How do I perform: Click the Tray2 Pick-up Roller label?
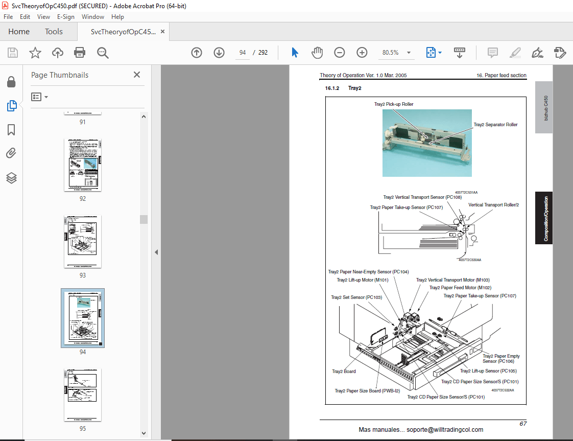pos(393,104)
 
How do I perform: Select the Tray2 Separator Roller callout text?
pos(495,125)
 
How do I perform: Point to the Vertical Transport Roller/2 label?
pos(493,205)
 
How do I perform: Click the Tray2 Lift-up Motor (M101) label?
pos(363,280)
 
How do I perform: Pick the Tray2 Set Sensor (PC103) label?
pos(356,297)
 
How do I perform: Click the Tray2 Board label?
pos(344,372)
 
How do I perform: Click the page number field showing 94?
pos(243,53)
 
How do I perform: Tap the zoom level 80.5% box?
pos(391,53)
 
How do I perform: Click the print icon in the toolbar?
pos(80,53)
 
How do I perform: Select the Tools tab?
pos(54,32)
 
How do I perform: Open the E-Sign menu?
pos(65,17)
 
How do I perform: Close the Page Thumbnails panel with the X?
pos(137,75)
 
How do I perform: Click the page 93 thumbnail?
pos(83,241)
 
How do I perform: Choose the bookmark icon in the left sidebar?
pos(11,130)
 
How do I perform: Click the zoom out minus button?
pos(340,53)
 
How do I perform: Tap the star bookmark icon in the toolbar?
pos(35,53)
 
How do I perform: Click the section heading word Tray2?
pos(354,88)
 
